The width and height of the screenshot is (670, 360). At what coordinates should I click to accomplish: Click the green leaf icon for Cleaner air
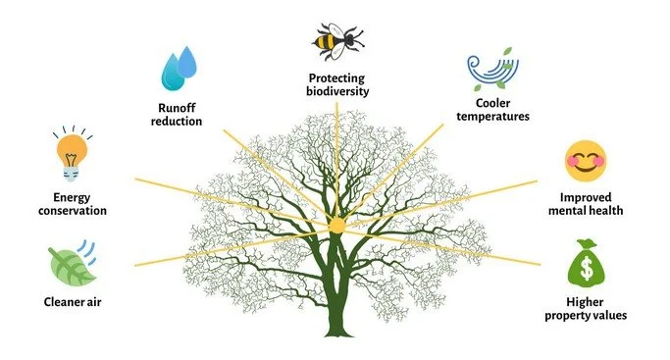tap(72, 264)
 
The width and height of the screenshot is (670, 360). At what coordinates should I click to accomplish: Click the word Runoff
tap(179, 109)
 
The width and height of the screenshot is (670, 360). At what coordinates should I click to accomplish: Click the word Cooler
tap(498, 103)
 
